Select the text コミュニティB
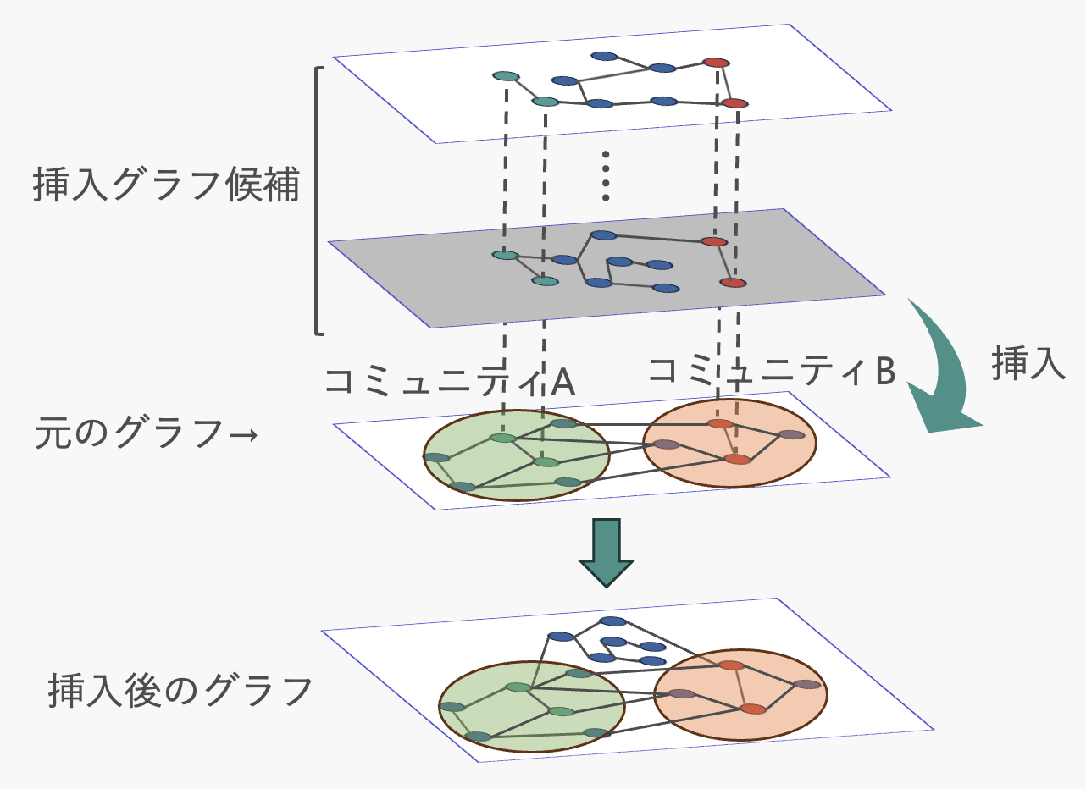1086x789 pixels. point(771,371)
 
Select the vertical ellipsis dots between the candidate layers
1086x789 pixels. point(606,176)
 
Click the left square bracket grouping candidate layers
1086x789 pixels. point(319,201)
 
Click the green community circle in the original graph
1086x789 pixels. point(474,474)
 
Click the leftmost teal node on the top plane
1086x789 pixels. point(505,76)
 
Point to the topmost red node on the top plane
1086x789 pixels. point(716,62)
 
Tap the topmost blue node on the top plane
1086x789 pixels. point(604,57)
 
